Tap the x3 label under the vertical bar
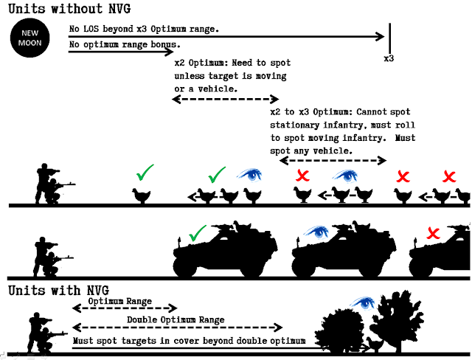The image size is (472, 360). [389, 58]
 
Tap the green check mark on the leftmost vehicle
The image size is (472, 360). [195, 237]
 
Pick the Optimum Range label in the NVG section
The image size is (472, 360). [119, 302]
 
